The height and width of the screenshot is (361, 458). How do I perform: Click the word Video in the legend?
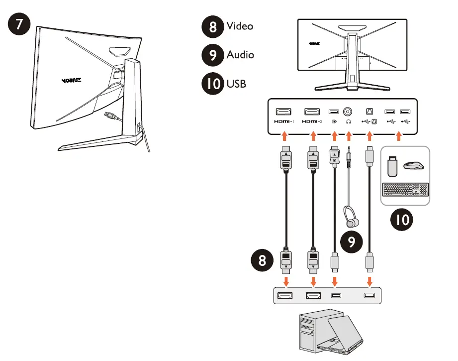click(x=240, y=26)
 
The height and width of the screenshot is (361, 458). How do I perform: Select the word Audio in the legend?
click(x=240, y=54)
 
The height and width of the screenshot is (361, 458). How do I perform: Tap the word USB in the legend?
click(x=236, y=83)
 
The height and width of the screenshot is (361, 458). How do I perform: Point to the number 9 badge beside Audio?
click(x=212, y=55)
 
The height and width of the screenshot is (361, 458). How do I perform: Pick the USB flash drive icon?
click(x=392, y=166)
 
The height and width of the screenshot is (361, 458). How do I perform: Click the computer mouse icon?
click(x=414, y=165)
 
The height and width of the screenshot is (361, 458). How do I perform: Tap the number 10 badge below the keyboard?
click(x=402, y=219)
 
